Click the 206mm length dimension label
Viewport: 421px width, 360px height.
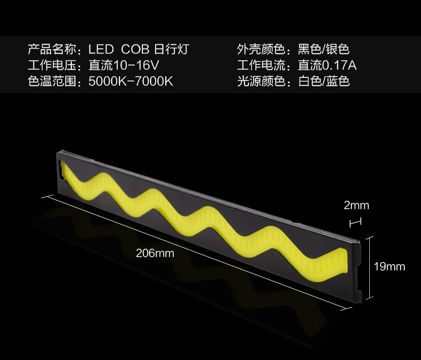tap(155, 253)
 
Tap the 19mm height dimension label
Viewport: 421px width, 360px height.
tap(389, 266)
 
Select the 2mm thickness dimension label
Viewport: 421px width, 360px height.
tap(357, 206)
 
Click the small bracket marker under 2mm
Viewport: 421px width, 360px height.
tap(356, 221)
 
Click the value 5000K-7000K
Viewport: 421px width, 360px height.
tap(131, 82)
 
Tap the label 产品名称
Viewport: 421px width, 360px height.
tap(53, 50)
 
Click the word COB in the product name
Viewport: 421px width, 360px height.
tap(135, 50)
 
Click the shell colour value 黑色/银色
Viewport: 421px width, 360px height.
tap(323, 50)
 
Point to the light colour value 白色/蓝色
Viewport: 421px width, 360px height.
tap(323, 82)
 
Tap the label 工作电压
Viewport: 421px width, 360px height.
tap(53, 66)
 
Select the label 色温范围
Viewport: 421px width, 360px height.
tap(53, 82)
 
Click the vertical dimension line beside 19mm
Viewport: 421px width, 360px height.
tap(367, 266)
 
